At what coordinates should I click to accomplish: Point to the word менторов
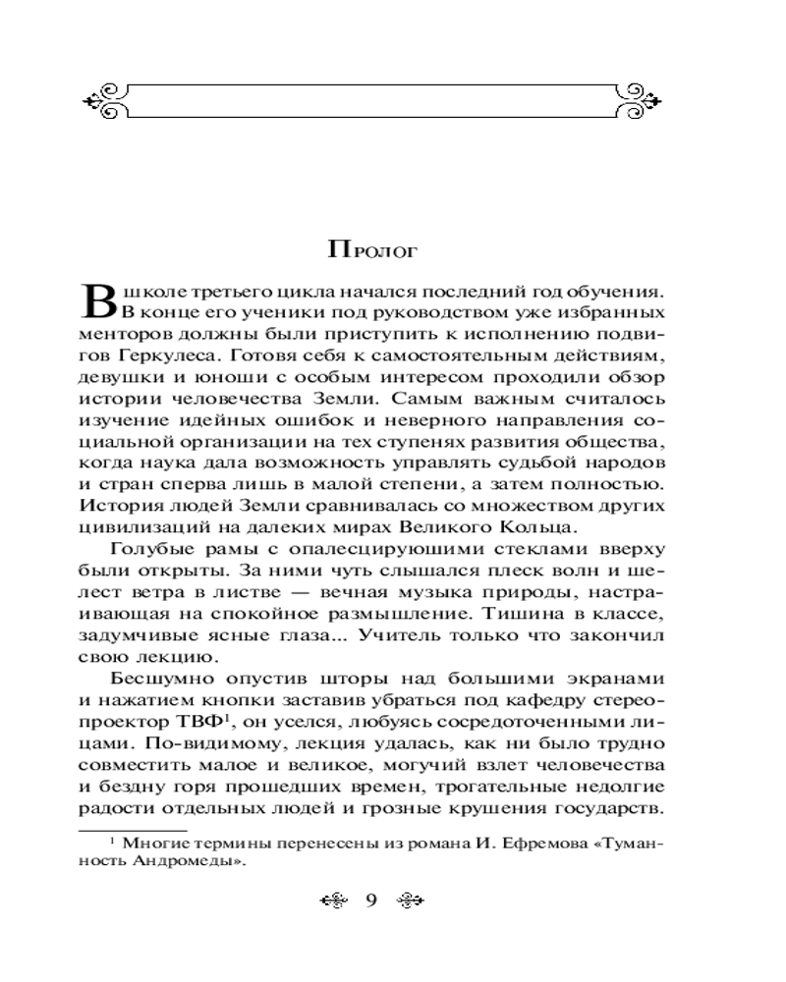[x=116, y=333]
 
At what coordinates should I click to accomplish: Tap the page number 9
[x=371, y=902]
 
